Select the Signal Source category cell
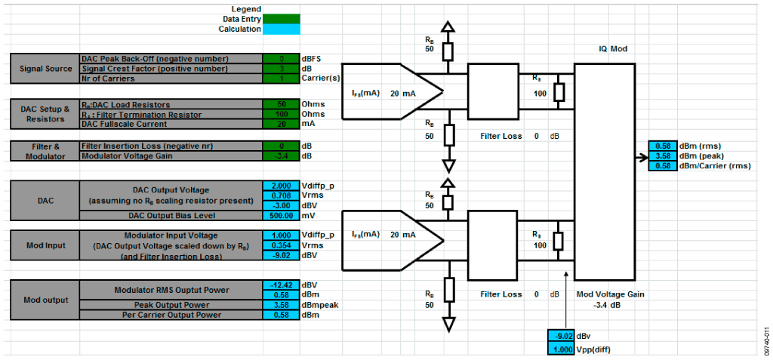pos(45,69)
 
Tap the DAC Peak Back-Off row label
pos(155,59)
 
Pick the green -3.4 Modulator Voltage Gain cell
pos(281,156)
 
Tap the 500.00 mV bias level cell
pos(281,215)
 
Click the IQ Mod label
pos(611,49)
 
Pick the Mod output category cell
pos(45,300)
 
